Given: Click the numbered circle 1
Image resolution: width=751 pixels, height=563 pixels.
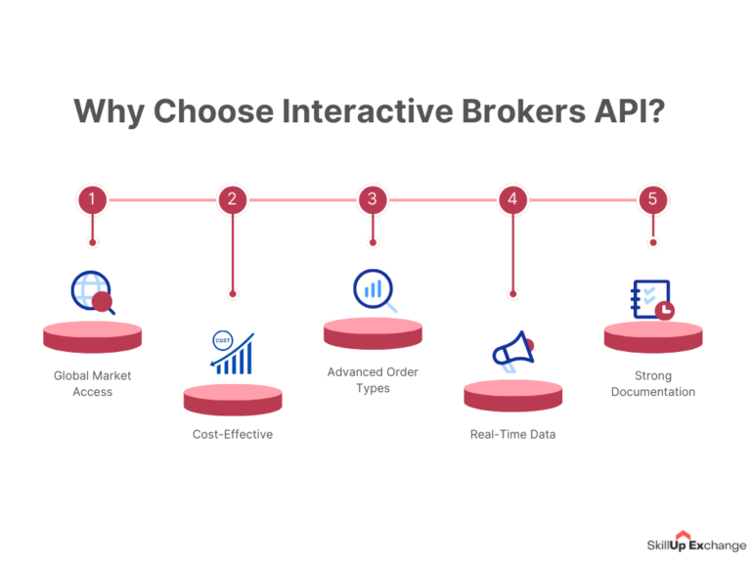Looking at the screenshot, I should (x=92, y=200).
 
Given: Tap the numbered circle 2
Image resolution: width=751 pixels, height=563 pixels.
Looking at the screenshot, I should (x=232, y=200).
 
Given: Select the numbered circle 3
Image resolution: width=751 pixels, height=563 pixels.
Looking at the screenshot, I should (x=373, y=200).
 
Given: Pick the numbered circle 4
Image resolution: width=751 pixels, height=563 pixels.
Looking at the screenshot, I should (x=512, y=200).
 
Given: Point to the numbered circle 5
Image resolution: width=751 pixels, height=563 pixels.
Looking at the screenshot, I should (x=653, y=200).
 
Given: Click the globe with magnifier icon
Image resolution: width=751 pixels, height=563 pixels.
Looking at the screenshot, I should (x=92, y=292).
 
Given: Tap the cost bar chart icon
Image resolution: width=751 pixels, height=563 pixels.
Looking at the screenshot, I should (x=232, y=353).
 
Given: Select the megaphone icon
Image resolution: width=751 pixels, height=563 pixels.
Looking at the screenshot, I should (x=512, y=352).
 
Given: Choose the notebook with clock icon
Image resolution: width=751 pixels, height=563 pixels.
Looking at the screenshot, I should (x=651, y=300).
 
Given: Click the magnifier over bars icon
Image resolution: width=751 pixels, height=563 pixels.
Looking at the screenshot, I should (x=374, y=291).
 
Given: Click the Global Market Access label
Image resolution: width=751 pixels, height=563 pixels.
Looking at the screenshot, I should (x=92, y=383).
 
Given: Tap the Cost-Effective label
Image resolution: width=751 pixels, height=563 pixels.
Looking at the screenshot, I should (x=232, y=434).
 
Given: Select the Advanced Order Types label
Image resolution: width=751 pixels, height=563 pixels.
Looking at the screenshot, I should (x=373, y=380).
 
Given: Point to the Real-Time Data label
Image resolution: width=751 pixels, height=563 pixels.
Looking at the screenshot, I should (x=512, y=434).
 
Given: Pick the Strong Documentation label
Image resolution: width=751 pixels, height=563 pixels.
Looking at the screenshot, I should (x=653, y=383).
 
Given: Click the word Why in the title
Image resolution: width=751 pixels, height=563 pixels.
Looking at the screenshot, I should (x=106, y=110).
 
